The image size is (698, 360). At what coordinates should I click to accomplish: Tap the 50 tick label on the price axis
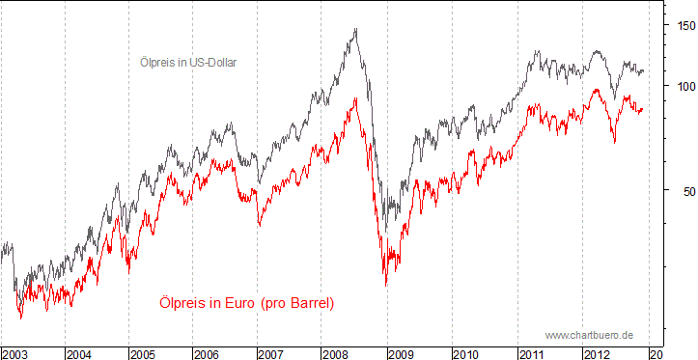pyautogui.click(x=682, y=190)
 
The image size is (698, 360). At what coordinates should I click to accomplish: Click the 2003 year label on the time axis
pyautogui.click(x=14, y=353)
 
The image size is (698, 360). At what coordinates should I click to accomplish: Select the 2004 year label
pyautogui.click(x=80, y=353)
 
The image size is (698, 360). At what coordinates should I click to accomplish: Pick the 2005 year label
pyautogui.click(x=144, y=353)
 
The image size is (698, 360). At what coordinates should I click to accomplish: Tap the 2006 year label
pyautogui.click(x=209, y=353)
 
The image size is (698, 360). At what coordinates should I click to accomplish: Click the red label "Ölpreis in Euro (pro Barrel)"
pyautogui.click(x=246, y=303)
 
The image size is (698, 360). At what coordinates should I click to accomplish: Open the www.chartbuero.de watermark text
pyautogui.click(x=589, y=335)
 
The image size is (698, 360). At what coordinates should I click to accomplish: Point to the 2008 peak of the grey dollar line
pyautogui.click(x=356, y=29)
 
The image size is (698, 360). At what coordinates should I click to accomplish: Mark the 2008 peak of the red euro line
pyautogui.click(x=356, y=97)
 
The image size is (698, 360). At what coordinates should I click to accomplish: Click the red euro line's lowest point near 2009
pyautogui.click(x=385, y=285)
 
